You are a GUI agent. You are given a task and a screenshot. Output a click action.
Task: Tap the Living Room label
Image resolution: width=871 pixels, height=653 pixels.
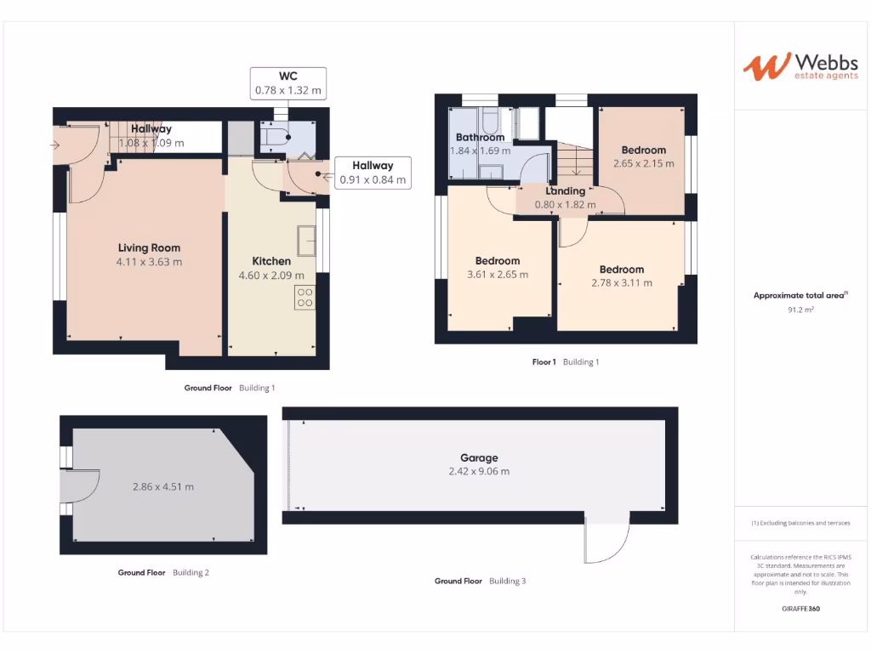(149, 248)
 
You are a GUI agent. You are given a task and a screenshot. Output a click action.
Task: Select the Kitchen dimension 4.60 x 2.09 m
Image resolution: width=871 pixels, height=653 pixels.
(271, 275)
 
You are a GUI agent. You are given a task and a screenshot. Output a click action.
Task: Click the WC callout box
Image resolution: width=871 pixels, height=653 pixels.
(288, 82)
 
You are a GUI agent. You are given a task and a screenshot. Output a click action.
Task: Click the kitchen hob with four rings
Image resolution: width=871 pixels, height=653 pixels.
(305, 298)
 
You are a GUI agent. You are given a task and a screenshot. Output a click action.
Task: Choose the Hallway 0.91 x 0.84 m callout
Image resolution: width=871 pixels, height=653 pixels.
(373, 173)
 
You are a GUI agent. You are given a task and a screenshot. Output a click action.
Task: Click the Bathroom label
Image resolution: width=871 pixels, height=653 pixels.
(480, 137)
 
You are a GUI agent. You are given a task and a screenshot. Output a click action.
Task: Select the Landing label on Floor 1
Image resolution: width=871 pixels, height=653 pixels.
(566, 191)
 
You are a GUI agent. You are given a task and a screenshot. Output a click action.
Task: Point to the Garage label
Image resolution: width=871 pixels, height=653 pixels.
(480, 457)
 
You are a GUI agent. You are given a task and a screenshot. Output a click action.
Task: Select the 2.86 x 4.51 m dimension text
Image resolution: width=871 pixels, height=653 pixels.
(163, 487)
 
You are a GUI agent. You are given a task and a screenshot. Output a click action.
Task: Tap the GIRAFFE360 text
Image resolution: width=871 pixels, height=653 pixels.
(800, 609)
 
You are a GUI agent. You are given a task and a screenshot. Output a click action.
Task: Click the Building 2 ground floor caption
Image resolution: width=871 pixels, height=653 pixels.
(163, 573)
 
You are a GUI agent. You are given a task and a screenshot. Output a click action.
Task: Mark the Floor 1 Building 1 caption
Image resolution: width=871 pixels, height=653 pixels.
(566, 362)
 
